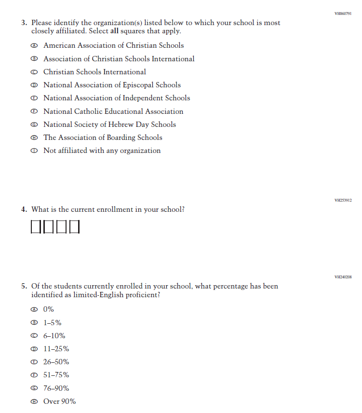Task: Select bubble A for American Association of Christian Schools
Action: pyautogui.click(x=34, y=46)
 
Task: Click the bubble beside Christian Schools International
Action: pyautogui.click(x=34, y=72)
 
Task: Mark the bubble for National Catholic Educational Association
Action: pyautogui.click(x=34, y=111)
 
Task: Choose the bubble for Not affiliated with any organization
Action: pyautogui.click(x=34, y=151)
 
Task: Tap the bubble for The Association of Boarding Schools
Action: pyautogui.click(x=34, y=138)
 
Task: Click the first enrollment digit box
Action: pyautogui.click(x=37, y=226)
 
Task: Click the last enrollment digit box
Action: pyautogui.click(x=74, y=226)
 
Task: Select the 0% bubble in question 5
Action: pyautogui.click(x=34, y=310)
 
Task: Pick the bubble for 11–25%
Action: pyautogui.click(x=34, y=349)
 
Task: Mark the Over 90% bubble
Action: pyautogui.click(x=34, y=402)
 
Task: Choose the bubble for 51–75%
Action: pyautogui.click(x=34, y=375)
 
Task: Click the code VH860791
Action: pyautogui.click(x=343, y=14)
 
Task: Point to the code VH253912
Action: pyautogui.click(x=343, y=200)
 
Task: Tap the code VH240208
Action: pyautogui.click(x=343, y=277)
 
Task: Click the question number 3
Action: pyautogui.click(x=24, y=23)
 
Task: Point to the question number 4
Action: pyautogui.click(x=24, y=210)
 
